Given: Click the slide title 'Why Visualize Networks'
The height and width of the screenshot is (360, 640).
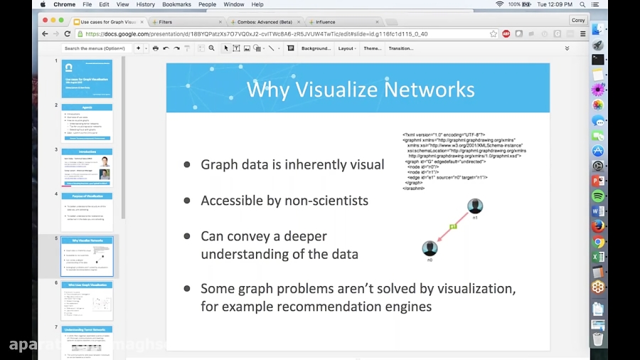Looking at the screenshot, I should [x=360, y=90].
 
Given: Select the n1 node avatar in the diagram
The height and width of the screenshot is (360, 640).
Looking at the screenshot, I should [x=475, y=206].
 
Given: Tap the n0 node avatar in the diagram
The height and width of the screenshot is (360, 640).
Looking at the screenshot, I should [x=430, y=248].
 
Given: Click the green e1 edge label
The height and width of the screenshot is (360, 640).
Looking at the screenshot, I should [x=452, y=227].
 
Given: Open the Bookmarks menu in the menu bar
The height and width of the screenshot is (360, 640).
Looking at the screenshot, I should [x=176, y=4].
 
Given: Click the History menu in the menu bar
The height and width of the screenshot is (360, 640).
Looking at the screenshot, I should [x=145, y=4].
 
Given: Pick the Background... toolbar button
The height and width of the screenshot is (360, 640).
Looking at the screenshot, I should [x=316, y=48].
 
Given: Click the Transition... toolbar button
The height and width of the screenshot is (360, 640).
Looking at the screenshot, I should [x=400, y=48].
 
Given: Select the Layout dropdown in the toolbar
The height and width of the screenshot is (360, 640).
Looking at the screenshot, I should [x=347, y=48].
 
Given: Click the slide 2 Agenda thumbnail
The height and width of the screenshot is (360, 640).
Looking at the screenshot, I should [x=87, y=122].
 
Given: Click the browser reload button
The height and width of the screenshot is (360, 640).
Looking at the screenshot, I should [x=68, y=33].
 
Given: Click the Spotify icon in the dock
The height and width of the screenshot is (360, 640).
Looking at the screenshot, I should [x=598, y=196].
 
